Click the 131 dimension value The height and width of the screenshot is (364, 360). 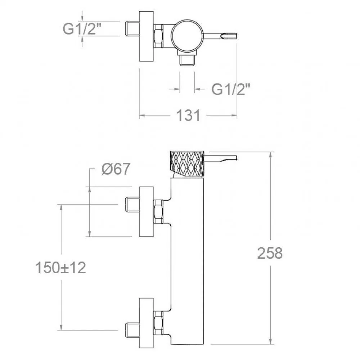(188, 115)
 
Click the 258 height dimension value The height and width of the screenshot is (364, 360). (270, 253)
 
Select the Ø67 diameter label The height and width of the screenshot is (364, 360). (116, 169)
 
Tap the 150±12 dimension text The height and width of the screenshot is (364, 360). (60, 268)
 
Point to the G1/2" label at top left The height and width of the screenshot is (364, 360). (82, 29)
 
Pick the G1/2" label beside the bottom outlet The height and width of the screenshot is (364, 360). (231, 89)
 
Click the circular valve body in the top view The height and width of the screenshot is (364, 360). (187, 36)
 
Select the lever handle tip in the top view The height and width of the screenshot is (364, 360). (229, 36)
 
